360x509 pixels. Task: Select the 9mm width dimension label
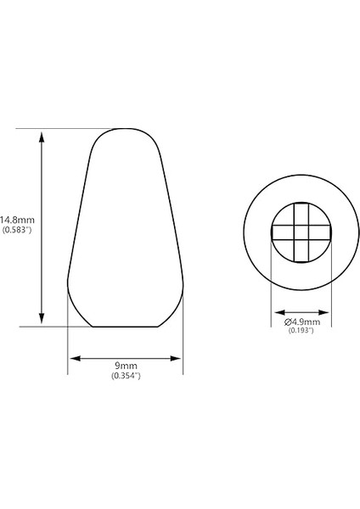coord(125,365)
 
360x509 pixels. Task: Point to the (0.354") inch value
coord(125,376)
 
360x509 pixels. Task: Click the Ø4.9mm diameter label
coord(301,322)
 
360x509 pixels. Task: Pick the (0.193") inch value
coord(301,331)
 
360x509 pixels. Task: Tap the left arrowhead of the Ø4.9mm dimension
coord(275,311)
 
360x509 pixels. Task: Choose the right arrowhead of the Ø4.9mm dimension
coord(328,311)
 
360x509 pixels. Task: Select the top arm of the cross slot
coord(301,212)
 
